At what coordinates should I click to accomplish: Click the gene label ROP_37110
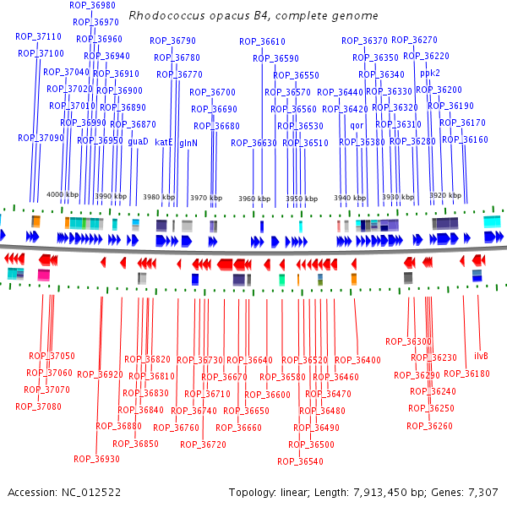pos(38,36)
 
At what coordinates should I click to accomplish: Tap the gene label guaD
pos(138,142)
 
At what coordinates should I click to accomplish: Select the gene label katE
pos(164,142)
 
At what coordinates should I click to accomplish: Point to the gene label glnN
pos(188,143)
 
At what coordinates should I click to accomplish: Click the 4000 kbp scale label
pos(63,195)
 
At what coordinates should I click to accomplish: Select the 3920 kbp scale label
pos(445,195)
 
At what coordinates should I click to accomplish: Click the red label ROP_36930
pos(96,459)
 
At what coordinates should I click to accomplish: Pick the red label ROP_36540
pos(300,461)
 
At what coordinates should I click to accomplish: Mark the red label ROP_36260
pos(429,426)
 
